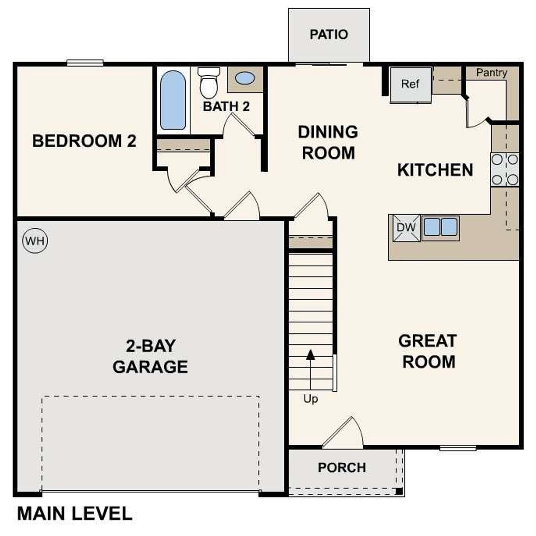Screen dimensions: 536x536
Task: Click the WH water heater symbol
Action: pyautogui.click(x=35, y=241)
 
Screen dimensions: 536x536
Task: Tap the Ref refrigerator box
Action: pyautogui.click(x=410, y=85)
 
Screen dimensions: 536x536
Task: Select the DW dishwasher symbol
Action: pyautogui.click(x=406, y=228)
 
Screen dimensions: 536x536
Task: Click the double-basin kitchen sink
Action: pyautogui.click(x=440, y=227)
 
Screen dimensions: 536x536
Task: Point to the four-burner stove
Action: pyautogui.click(x=504, y=170)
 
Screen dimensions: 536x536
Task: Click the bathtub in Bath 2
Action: pyautogui.click(x=173, y=100)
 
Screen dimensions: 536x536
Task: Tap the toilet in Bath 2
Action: pyautogui.click(x=209, y=83)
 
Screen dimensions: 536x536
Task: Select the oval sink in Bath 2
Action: pyautogui.click(x=245, y=78)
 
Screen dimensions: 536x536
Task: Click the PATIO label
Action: pyautogui.click(x=329, y=34)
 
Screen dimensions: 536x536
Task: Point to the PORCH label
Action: pyautogui.click(x=342, y=467)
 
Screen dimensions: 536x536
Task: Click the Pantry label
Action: pyautogui.click(x=491, y=73)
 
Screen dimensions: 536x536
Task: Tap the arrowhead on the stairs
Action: pyautogui.click(x=310, y=355)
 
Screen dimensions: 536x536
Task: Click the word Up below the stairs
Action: pyautogui.click(x=310, y=399)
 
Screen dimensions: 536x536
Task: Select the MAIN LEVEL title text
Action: pyautogui.click(x=75, y=514)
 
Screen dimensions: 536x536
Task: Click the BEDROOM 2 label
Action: pyautogui.click(x=84, y=141)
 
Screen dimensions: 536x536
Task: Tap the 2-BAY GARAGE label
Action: pyautogui.click(x=150, y=356)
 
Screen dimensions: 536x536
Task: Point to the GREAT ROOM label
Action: pyautogui.click(x=428, y=351)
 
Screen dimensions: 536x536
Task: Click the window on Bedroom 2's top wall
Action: pyautogui.click(x=85, y=63)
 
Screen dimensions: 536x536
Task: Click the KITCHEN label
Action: pyautogui.click(x=435, y=170)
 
